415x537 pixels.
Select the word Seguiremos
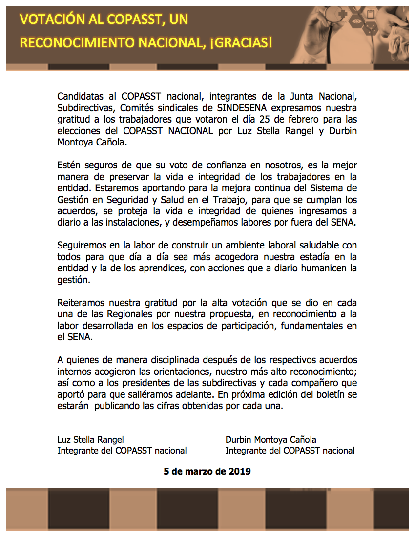[83, 245]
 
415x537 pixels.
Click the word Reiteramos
[81, 302]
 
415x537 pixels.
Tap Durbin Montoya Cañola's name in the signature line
[271, 440]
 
